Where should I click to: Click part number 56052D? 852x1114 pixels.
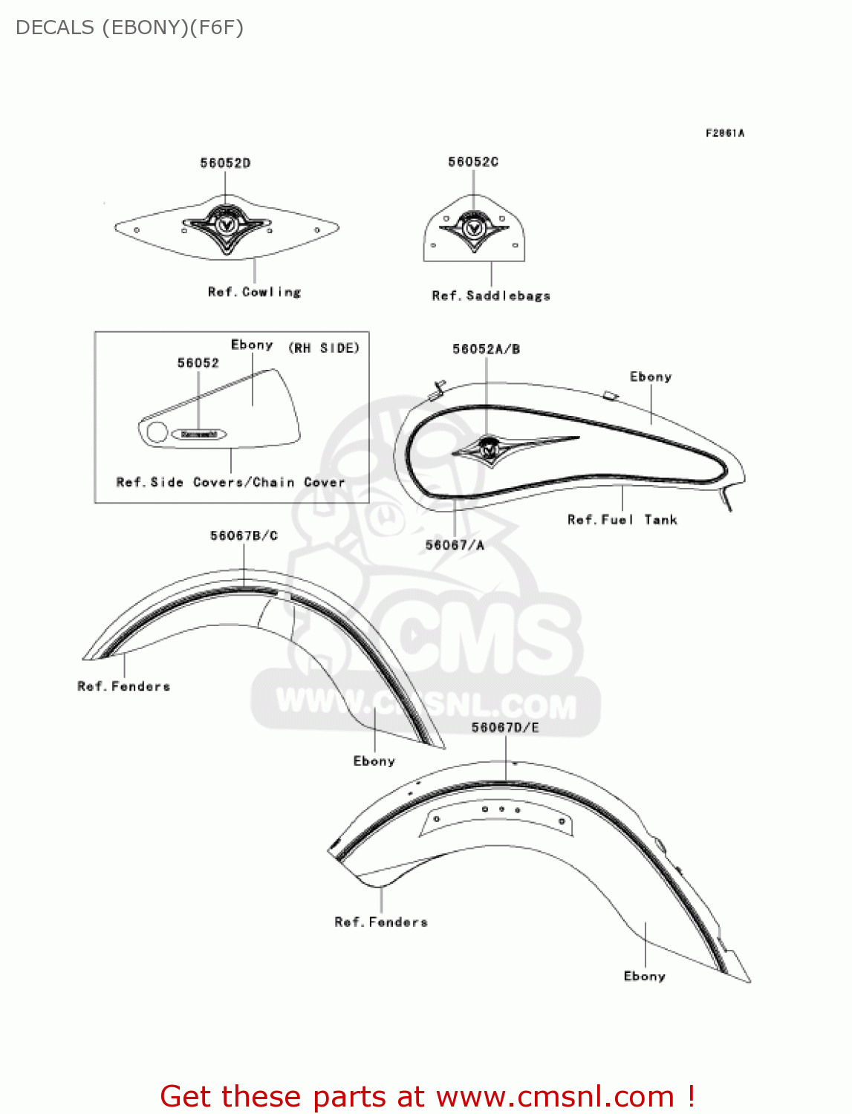point(225,163)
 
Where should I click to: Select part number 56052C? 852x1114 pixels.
point(473,161)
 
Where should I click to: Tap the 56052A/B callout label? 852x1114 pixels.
point(487,349)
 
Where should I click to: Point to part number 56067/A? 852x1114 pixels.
point(455,545)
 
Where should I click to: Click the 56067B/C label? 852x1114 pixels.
point(244,535)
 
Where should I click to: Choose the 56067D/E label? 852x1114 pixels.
point(505,728)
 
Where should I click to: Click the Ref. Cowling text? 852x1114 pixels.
point(254,292)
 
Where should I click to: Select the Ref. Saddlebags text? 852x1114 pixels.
point(491,296)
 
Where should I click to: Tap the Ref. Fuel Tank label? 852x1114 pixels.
point(622,520)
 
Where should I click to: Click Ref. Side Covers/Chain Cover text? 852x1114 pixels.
point(230,482)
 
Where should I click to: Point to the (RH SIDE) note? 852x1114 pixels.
point(324,348)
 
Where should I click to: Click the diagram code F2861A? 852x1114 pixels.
point(724,133)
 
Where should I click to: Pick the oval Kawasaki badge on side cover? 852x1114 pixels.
point(199,434)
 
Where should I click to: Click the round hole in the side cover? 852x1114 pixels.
point(157,432)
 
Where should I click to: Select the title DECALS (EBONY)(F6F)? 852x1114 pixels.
point(129,27)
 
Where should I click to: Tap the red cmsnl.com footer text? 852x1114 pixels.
point(427,1096)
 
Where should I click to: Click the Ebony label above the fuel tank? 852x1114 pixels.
point(651,377)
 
